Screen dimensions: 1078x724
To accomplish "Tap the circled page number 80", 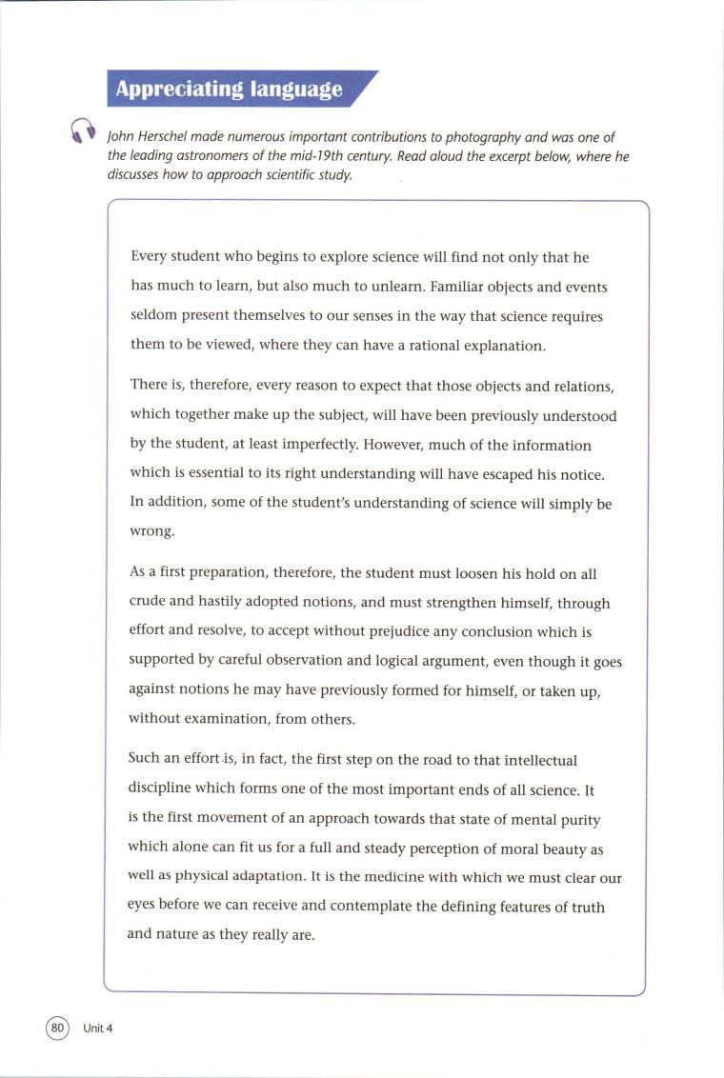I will click(58, 1028).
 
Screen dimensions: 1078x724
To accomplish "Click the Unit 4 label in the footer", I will click(98, 1028).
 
